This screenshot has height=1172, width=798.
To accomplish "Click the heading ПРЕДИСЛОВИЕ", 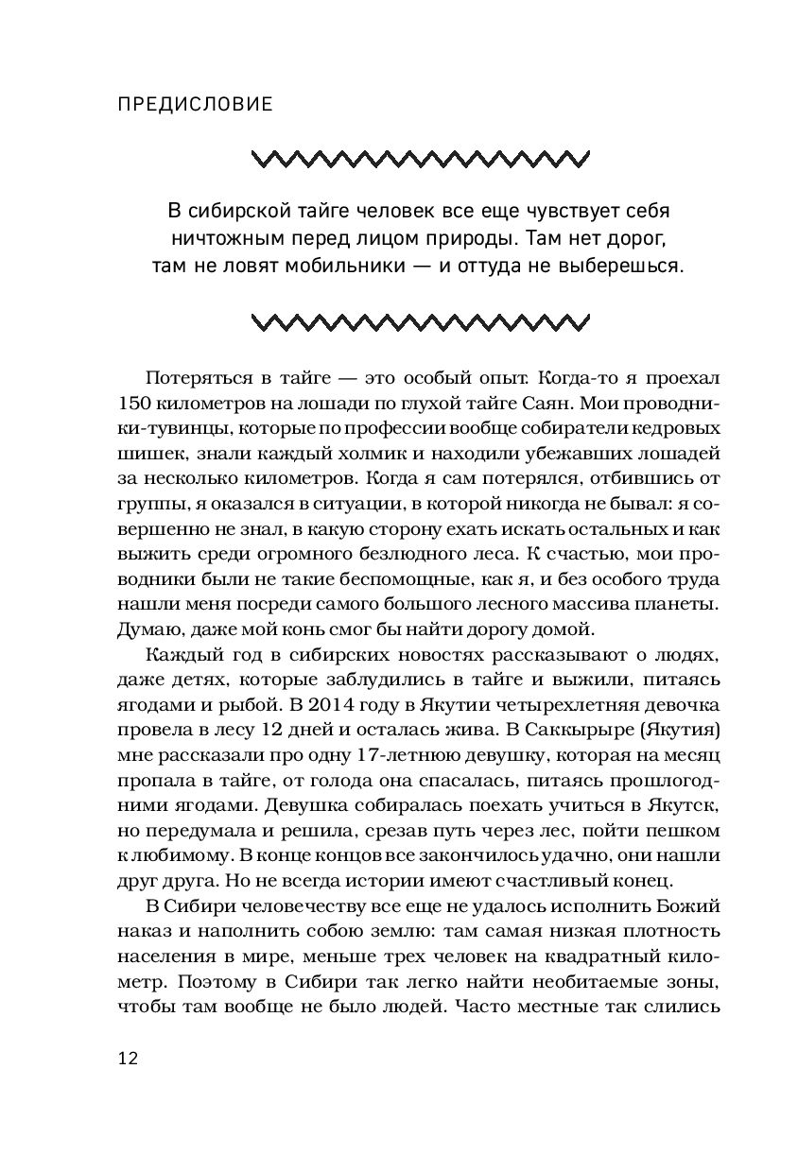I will click(x=194, y=104).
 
